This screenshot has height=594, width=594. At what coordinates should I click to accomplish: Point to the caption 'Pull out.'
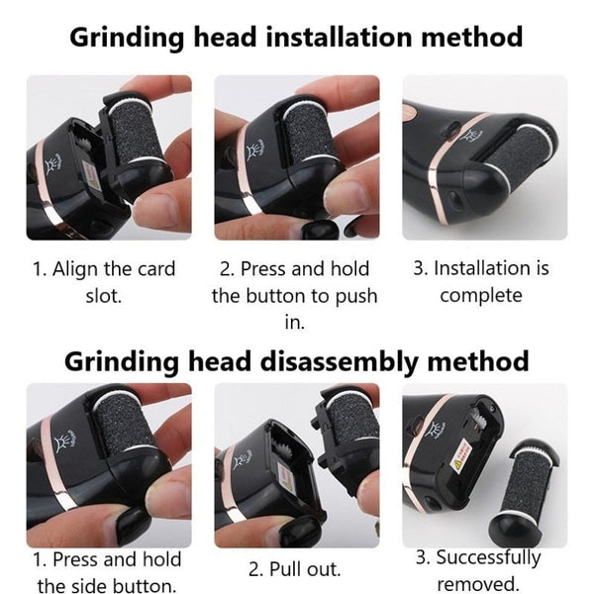click(x=294, y=569)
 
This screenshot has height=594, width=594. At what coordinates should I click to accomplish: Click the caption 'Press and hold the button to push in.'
click(x=294, y=295)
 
